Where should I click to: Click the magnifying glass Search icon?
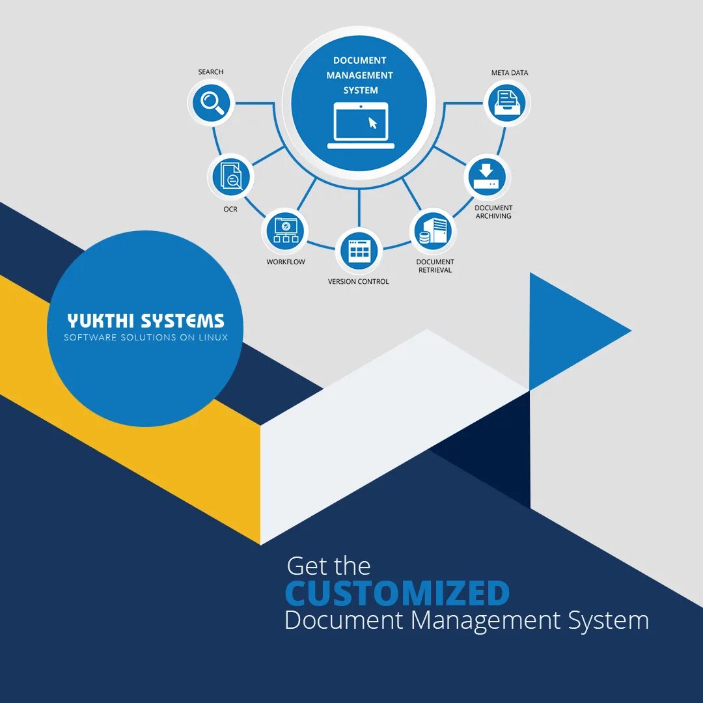[211, 103]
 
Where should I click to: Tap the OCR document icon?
[231, 176]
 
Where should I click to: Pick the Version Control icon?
[359, 251]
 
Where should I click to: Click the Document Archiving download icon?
[488, 176]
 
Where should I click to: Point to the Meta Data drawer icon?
[507, 103]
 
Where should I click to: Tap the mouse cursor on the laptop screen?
[373, 122]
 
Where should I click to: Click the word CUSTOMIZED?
[397, 593]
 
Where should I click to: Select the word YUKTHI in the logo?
[102, 321]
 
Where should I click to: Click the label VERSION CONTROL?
[359, 282]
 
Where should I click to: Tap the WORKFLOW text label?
[286, 262]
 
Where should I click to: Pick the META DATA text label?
[510, 73]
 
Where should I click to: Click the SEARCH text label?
[211, 72]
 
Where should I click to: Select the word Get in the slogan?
[307, 566]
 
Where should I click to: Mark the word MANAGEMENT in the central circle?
[360, 76]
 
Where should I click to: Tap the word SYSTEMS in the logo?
[183, 321]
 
